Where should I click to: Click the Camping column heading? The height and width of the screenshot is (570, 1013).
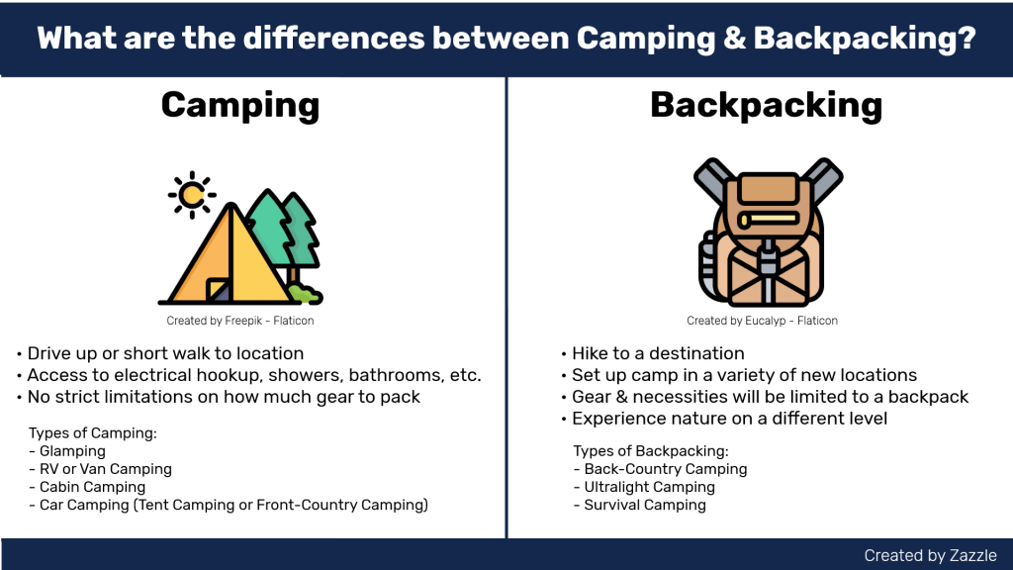(240, 105)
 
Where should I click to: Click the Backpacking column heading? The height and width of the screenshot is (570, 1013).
(767, 105)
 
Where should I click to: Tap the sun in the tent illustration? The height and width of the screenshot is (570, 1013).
(192, 195)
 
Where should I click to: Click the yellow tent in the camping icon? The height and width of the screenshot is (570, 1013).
(230, 254)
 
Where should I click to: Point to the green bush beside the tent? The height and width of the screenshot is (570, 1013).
(305, 294)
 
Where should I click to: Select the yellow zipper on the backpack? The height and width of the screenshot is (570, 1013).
(769, 219)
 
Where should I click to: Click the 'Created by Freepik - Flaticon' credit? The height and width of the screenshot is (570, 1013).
(240, 321)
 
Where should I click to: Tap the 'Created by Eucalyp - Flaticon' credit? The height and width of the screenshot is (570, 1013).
(763, 321)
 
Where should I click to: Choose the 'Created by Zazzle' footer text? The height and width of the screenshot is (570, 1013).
(930, 555)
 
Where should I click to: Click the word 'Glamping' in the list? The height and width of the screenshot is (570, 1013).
(72, 451)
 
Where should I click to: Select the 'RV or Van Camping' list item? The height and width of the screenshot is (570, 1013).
(106, 469)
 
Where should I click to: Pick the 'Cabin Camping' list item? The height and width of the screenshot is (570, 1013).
(92, 487)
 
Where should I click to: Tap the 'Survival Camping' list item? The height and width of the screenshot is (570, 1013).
(645, 505)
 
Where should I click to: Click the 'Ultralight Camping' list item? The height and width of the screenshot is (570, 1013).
(649, 487)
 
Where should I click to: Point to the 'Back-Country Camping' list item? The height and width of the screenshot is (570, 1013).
(666, 468)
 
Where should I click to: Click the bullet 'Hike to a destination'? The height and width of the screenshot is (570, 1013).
(658, 353)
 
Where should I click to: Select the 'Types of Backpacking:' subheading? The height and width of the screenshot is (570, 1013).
(651, 450)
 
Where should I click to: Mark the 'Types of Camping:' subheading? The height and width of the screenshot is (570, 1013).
(92, 432)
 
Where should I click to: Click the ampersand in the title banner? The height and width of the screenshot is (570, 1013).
(735, 39)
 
